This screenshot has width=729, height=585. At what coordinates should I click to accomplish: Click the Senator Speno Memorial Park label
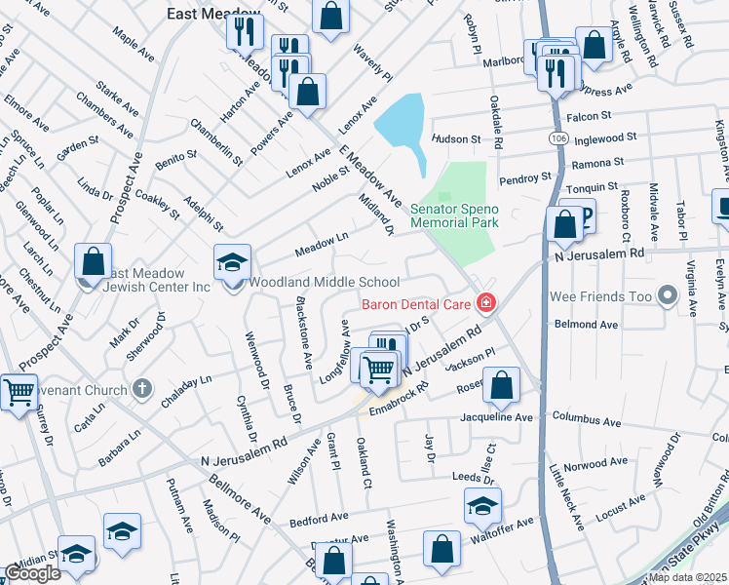454,215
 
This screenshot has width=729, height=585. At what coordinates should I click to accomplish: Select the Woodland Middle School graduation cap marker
232,263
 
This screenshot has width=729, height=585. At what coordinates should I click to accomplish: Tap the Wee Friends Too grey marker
667,293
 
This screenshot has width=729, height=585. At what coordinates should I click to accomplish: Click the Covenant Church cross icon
142,389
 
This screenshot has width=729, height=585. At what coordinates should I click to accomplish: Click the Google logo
33,573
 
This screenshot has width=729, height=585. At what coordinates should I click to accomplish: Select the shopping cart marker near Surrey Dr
19,392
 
